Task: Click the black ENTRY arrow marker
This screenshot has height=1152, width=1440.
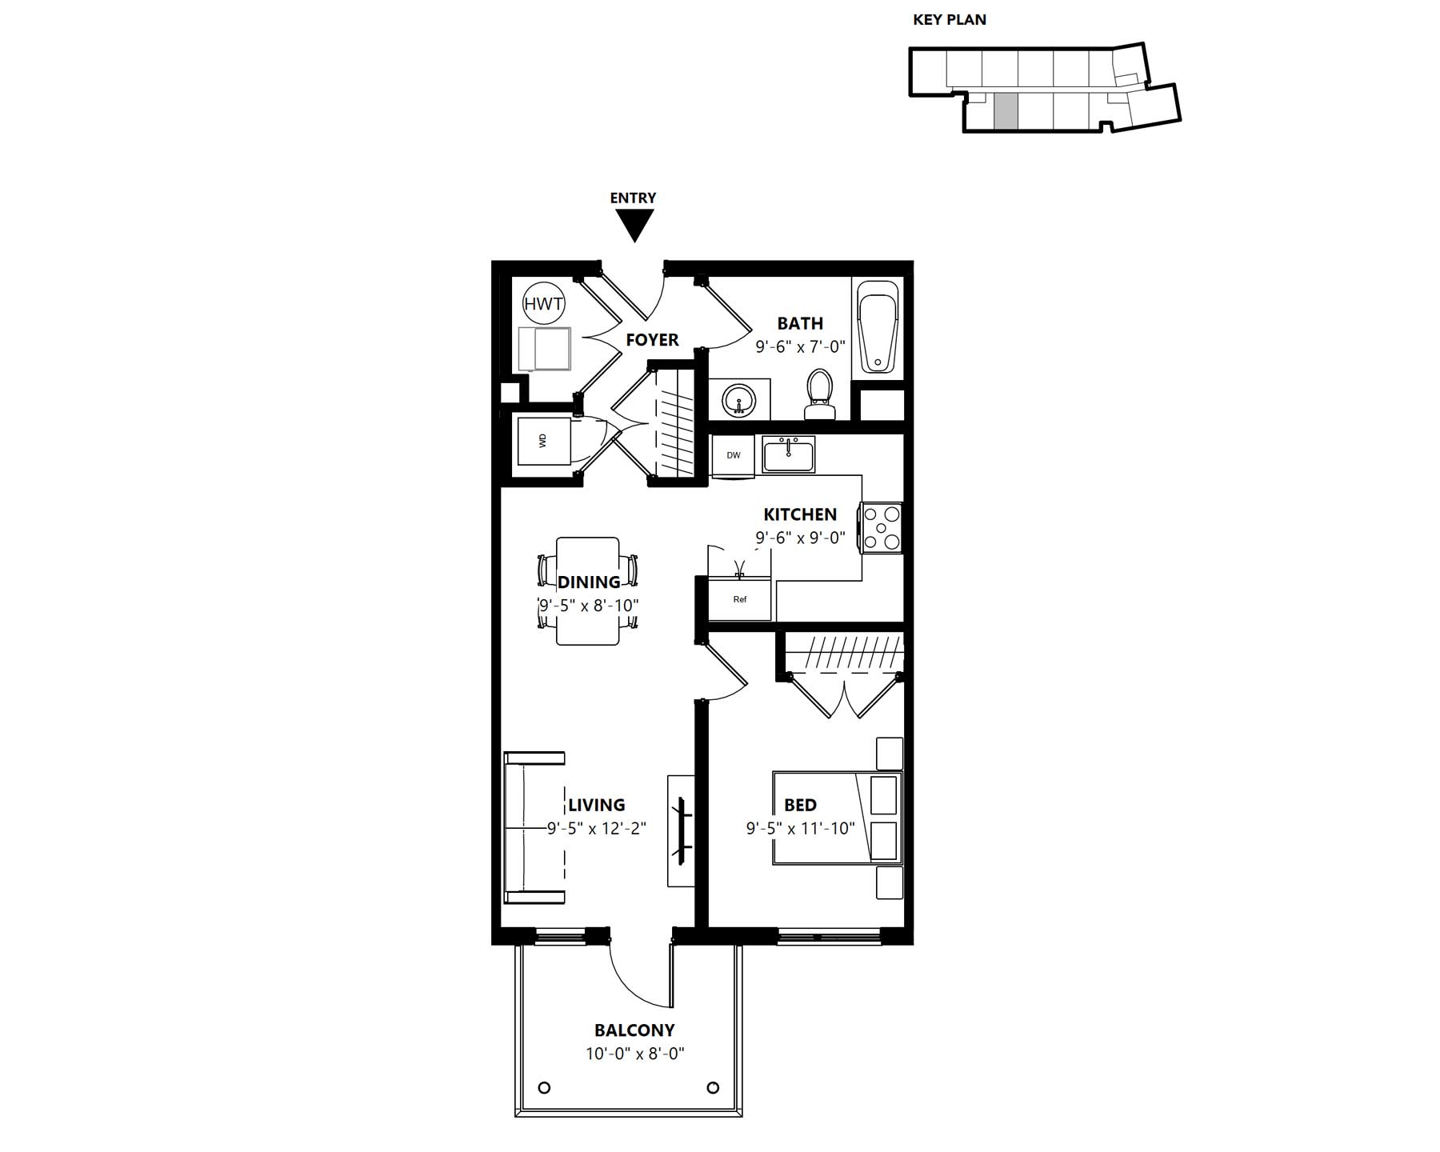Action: pyautogui.click(x=634, y=225)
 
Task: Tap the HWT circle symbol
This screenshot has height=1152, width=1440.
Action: pyautogui.click(x=544, y=304)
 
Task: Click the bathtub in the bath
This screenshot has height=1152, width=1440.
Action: pyautogui.click(x=878, y=329)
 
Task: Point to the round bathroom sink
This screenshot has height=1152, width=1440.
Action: pyautogui.click(x=738, y=400)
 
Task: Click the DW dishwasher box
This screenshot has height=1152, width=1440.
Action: pyautogui.click(x=733, y=455)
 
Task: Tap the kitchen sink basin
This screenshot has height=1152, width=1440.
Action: pyautogui.click(x=788, y=454)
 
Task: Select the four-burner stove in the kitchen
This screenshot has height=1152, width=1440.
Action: pyautogui.click(x=881, y=527)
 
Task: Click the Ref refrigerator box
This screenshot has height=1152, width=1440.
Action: pyautogui.click(x=740, y=598)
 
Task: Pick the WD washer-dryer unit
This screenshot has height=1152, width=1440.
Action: pyautogui.click(x=545, y=440)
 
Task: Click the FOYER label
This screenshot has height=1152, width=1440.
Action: pyautogui.click(x=652, y=340)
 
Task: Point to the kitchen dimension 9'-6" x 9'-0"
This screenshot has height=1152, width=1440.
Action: pyautogui.click(x=800, y=538)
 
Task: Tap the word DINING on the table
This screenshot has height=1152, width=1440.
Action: pyautogui.click(x=589, y=582)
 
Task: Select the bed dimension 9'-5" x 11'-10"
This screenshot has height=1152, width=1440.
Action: pyautogui.click(x=800, y=828)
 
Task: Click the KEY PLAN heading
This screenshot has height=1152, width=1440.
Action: pyautogui.click(x=950, y=20)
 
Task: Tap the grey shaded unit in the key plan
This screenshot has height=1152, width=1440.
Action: pyautogui.click(x=1006, y=110)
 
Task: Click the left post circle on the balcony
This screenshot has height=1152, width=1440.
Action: pyautogui.click(x=544, y=1087)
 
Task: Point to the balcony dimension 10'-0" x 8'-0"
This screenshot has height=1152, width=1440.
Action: pyautogui.click(x=634, y=1054)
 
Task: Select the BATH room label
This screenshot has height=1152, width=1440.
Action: pyautogui.click(x=800, y=323)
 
